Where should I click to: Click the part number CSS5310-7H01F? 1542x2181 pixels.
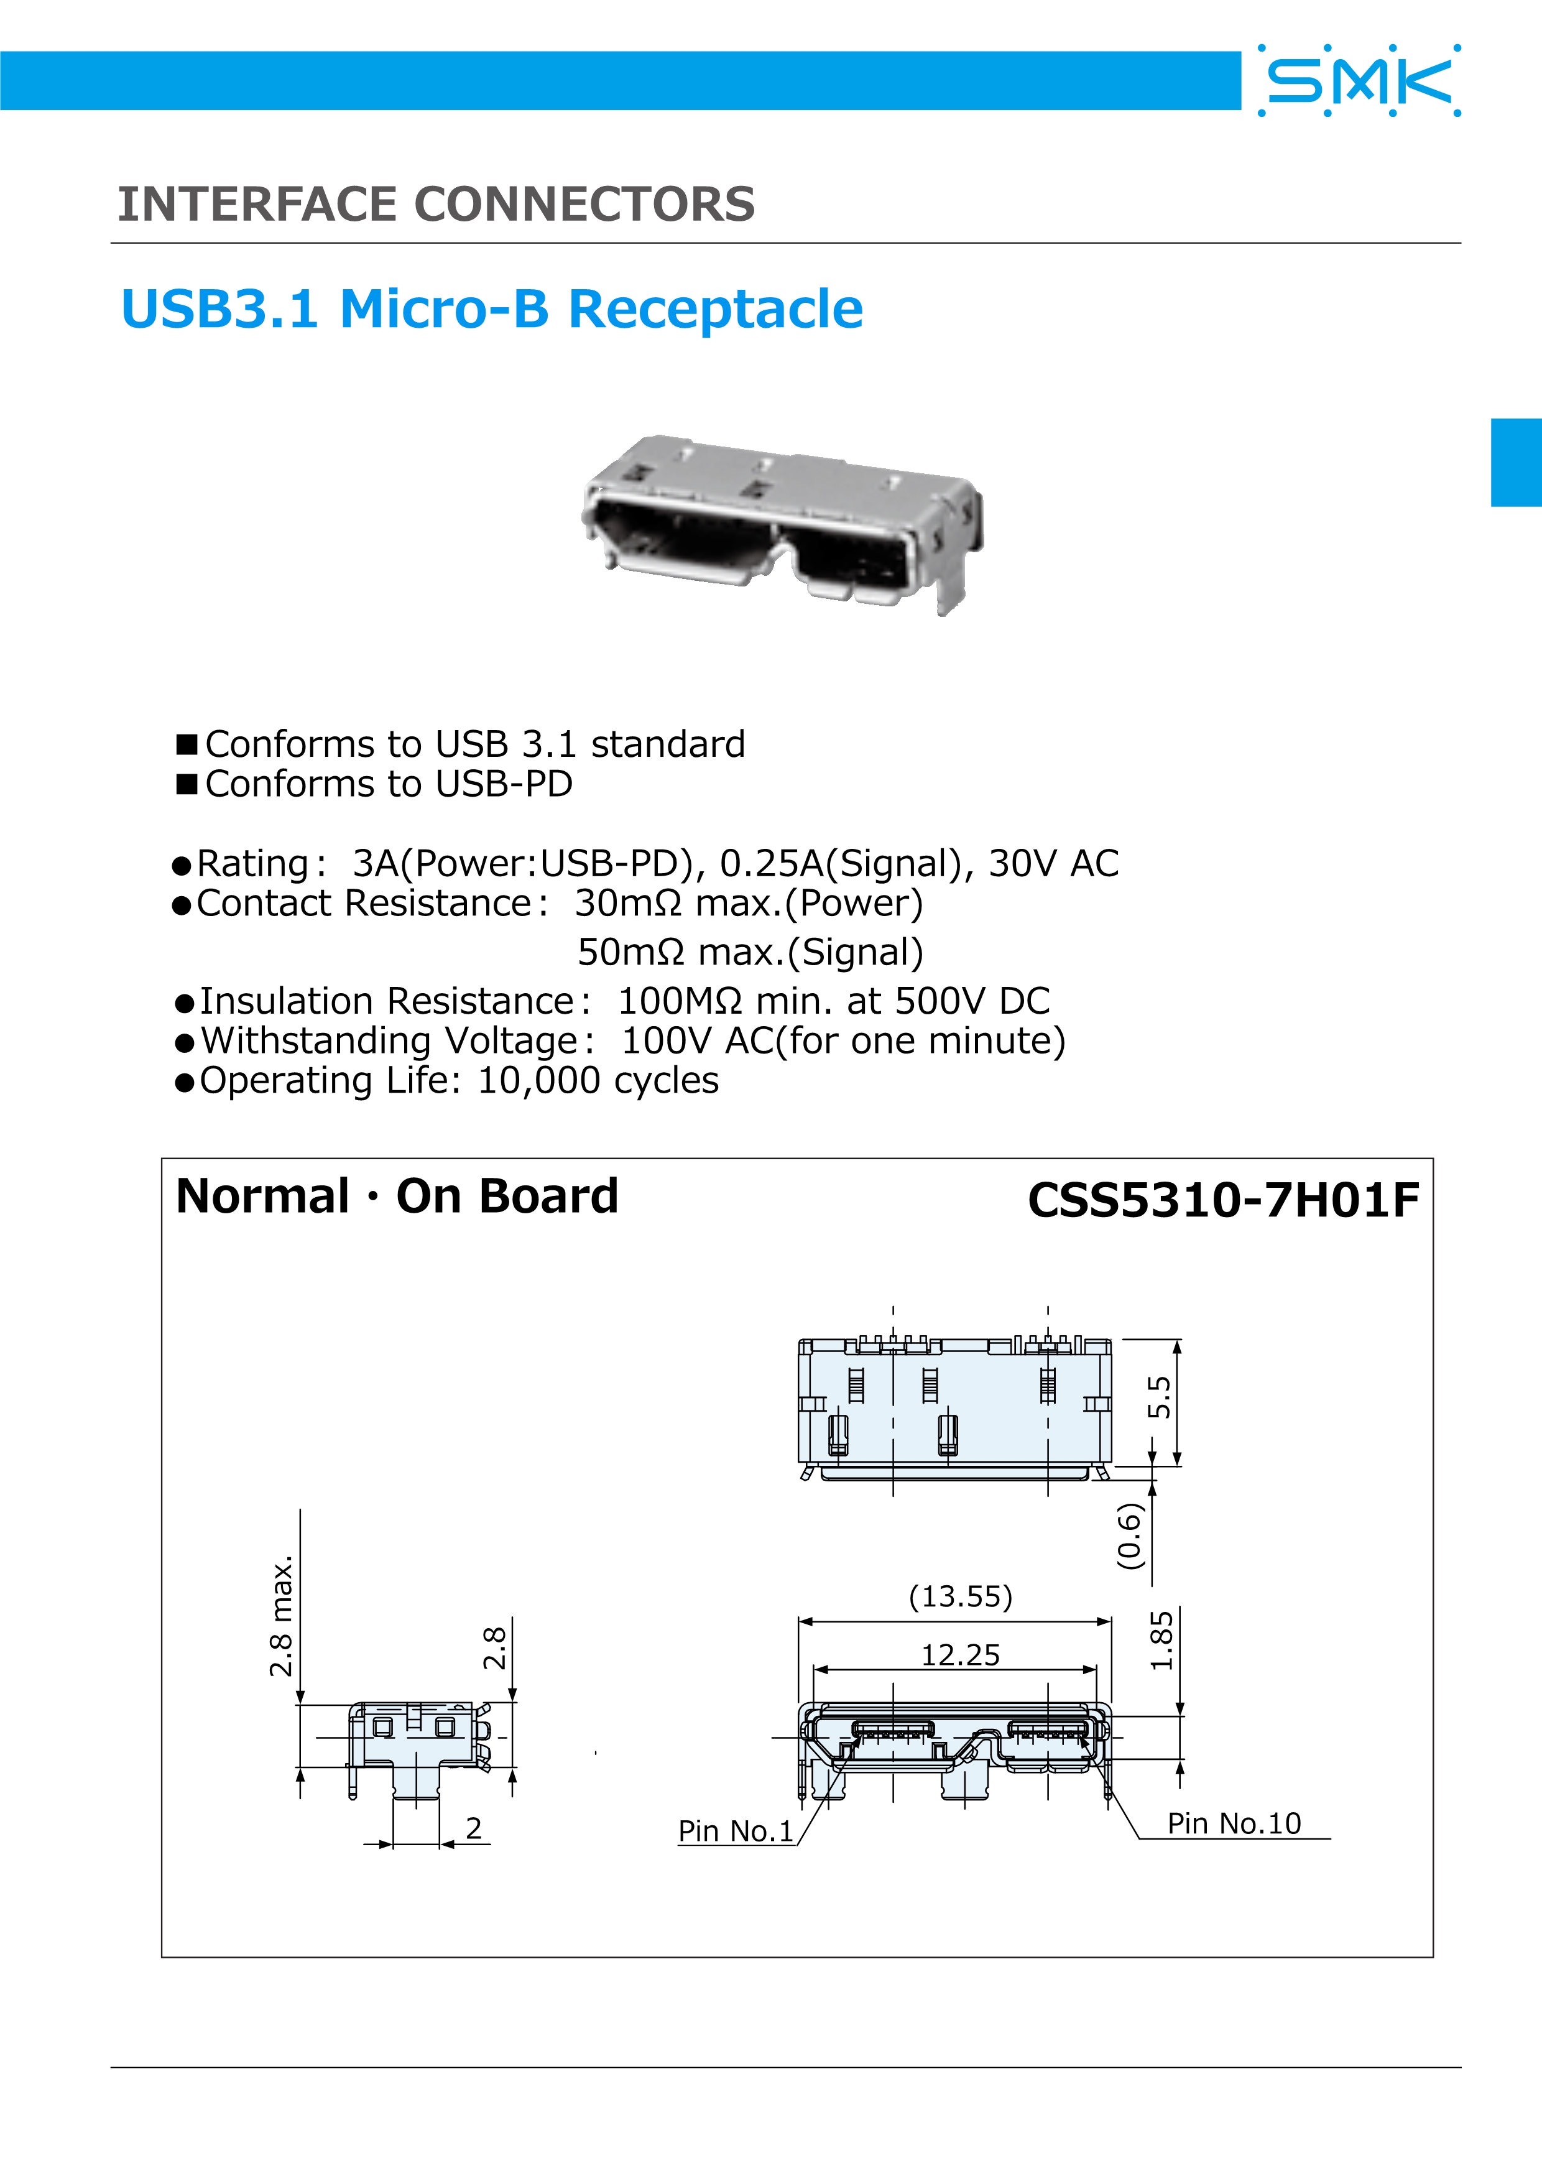coord(1223,1200)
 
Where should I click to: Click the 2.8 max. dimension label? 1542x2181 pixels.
coord(281,1616)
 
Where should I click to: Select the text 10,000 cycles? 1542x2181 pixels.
coord(598,1081)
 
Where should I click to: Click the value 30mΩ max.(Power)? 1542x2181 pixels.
coord(748,904)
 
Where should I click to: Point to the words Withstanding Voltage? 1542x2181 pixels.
coord(389,1041)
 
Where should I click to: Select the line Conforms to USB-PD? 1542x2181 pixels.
coord(389,784)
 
